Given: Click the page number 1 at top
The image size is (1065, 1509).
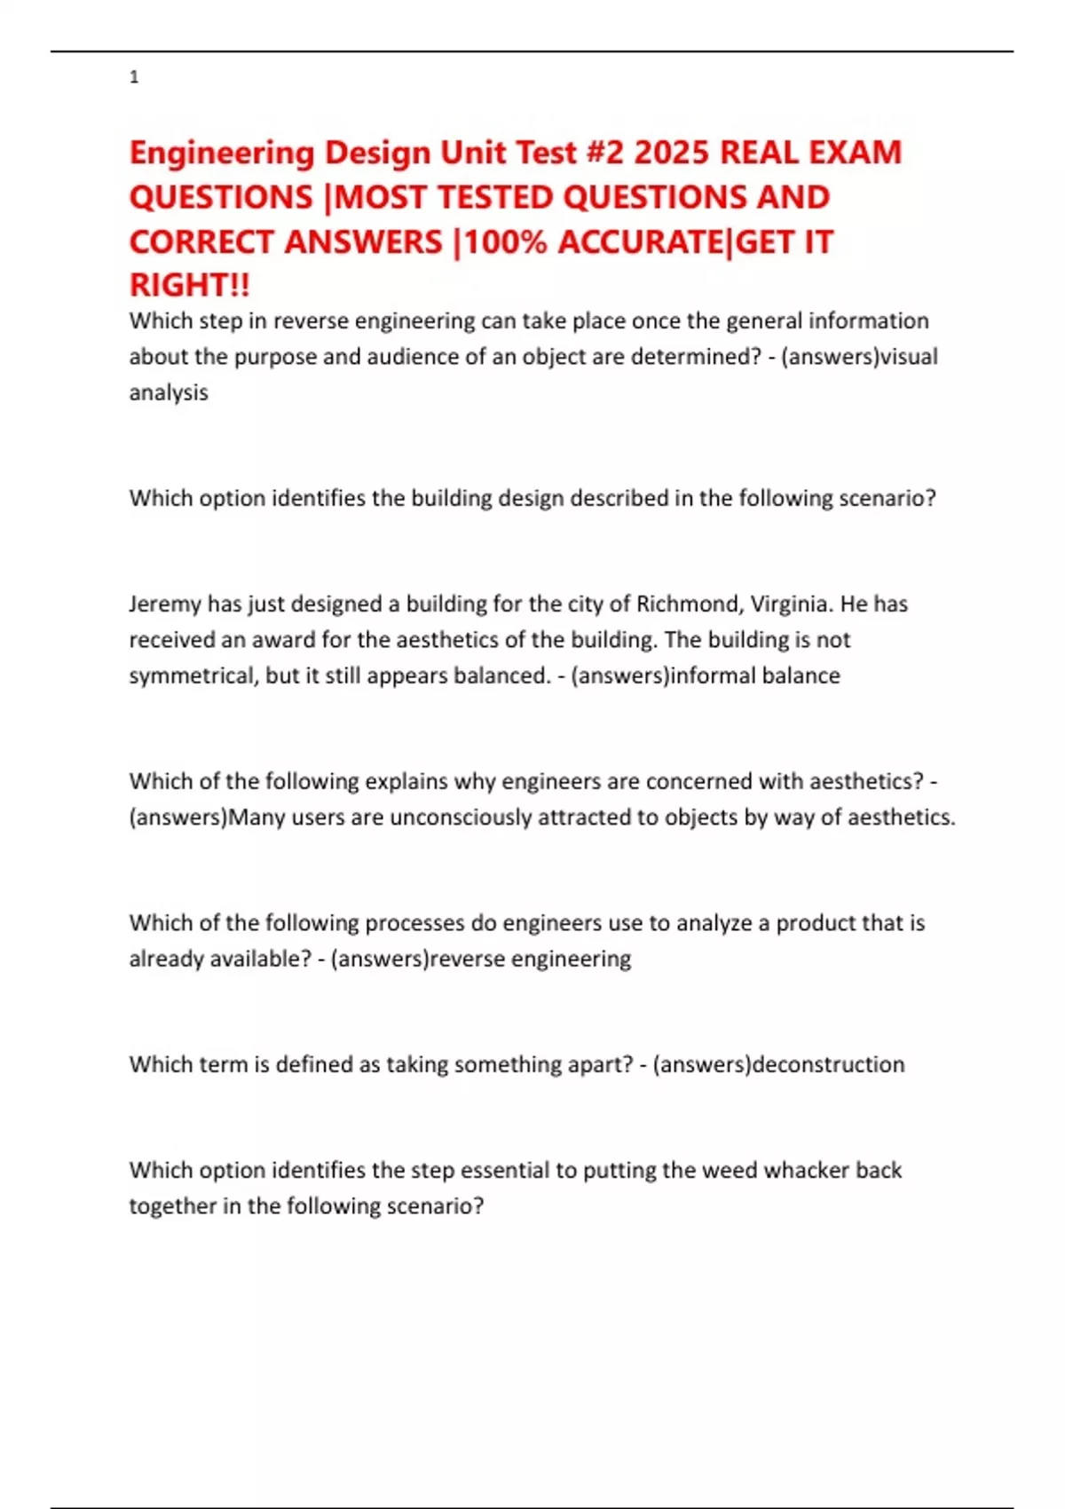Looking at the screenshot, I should [134, 78].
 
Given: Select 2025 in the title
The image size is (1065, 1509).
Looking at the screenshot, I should [672, 153].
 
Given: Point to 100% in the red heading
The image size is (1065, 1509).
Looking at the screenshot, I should [506, 241].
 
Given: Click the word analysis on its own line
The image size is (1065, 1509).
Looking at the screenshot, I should [169, 392].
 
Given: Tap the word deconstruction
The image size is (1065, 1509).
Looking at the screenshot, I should [828, 1064].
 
